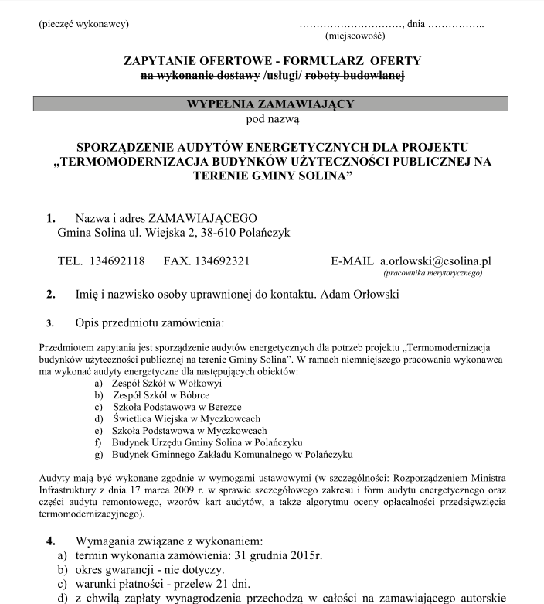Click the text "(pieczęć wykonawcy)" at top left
(x=83, y=23)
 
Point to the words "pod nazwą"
(x=272, y=119)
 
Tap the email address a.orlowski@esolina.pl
(x=435, y=261)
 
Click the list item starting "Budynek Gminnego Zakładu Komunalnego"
(x=232, y=454)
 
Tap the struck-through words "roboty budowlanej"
(x=355, y=76)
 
